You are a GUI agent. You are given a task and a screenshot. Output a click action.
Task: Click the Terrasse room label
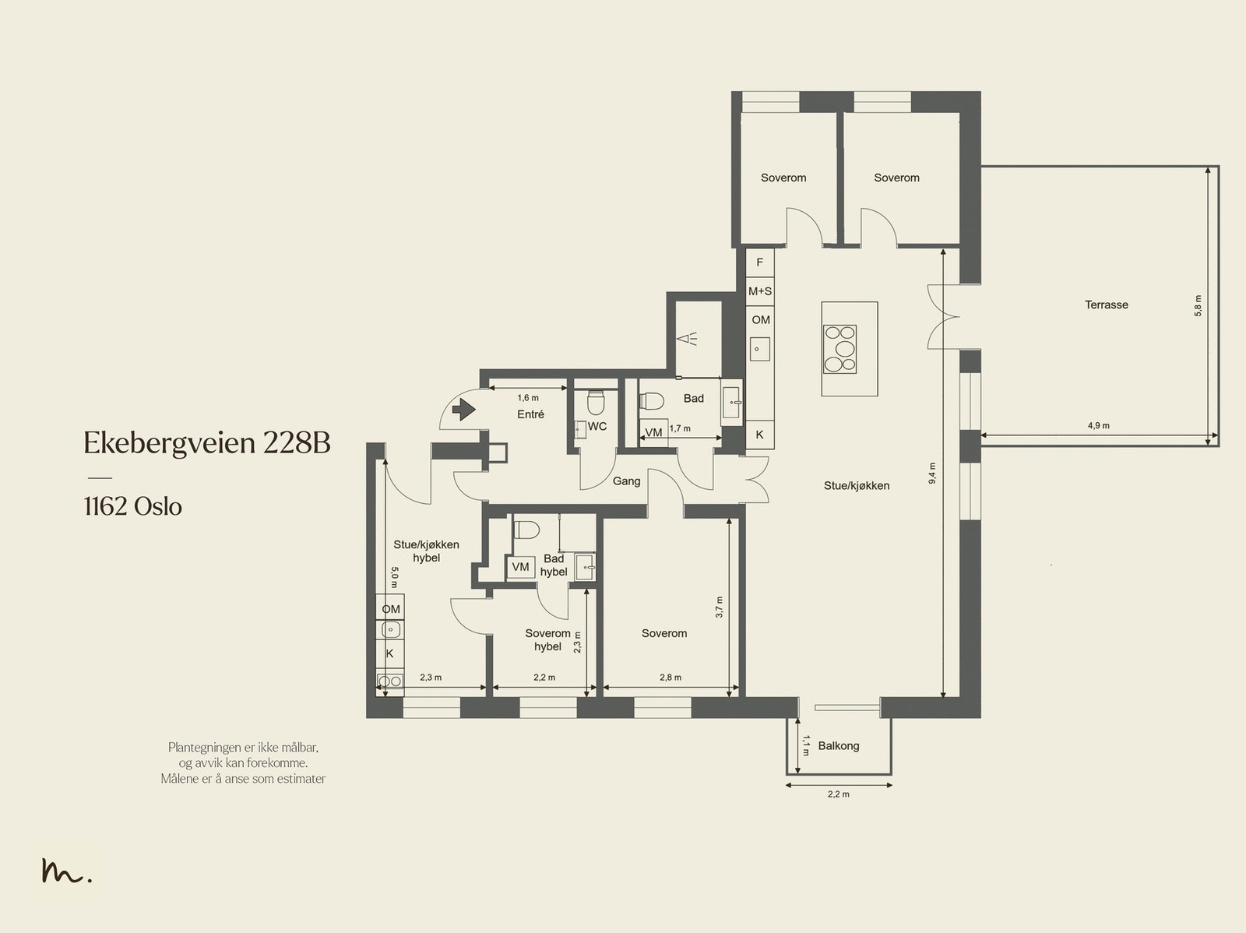coord(1107,305)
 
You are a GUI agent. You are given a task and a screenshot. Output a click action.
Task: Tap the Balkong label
coord(839,746)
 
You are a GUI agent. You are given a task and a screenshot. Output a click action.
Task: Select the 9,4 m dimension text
coord(932,474)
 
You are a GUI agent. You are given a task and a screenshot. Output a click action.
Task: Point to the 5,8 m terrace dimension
coord(1198,305)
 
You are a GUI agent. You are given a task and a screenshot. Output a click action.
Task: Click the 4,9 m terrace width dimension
coord(1098,426)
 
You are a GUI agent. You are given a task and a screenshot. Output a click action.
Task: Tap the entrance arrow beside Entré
coord(464,409)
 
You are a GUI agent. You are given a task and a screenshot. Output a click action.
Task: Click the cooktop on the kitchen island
coord(839,349)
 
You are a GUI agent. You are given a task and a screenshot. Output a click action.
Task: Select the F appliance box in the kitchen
coord(759,262)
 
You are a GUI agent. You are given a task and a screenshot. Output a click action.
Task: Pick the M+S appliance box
coord(759,291)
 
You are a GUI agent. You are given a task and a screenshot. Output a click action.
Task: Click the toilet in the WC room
coord(595,402)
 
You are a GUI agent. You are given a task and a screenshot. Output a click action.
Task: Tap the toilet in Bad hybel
coord(526,530)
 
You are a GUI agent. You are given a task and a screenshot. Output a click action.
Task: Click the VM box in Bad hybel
coord(520,566)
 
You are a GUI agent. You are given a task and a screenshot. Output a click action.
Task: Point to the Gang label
coord(626,481)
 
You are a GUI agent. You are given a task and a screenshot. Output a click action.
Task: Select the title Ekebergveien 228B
coord(206,442)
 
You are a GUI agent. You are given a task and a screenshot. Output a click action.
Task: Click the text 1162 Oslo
coord(133,506)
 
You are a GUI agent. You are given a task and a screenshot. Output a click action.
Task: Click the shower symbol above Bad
coord(687,340)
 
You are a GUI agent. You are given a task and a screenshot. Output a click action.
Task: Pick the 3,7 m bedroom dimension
coord(720,607)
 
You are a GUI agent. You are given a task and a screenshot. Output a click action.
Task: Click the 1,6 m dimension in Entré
coord(528,398)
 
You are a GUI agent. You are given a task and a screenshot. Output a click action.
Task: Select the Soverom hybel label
coord(547,639)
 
